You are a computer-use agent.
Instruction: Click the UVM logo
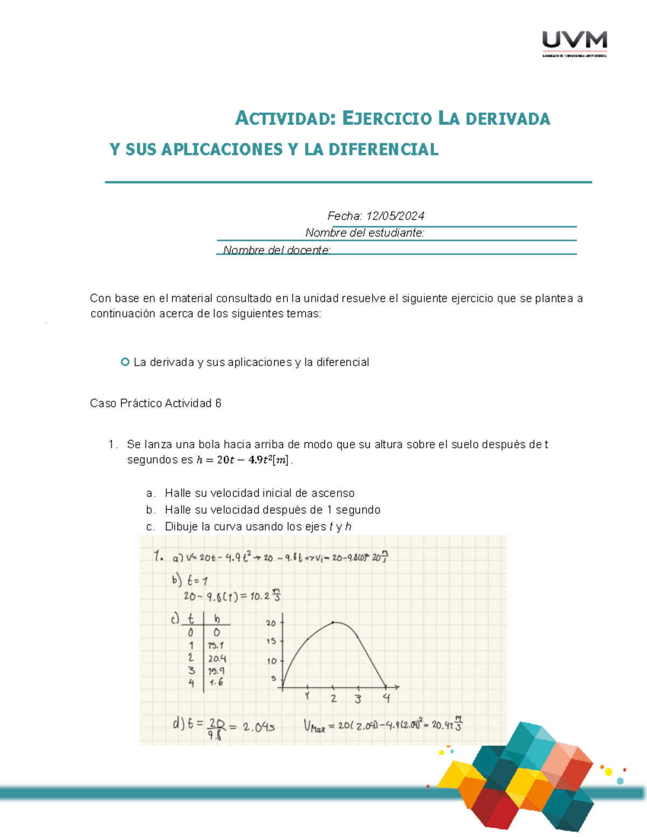coord(574,43)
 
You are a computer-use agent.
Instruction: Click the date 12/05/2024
coord(395,216)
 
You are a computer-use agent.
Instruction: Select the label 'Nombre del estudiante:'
coord(364,233)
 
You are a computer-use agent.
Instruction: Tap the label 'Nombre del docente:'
coord(277,250)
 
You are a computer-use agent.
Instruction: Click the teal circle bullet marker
coord(125,362)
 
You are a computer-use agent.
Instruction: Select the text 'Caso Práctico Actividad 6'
coord(155,403)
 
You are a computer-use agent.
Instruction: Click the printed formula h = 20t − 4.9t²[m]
coord(243,460)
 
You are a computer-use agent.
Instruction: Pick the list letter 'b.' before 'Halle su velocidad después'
coord(150,510)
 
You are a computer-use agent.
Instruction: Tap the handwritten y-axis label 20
coord(271,623)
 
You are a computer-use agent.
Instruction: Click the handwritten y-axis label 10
coord(272,661)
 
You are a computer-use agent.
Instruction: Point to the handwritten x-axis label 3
coord(358,699)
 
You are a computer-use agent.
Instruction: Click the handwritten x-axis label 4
coord(386,698)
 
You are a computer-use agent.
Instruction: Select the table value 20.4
coord(217,659)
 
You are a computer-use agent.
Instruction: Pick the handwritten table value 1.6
coord(216,682)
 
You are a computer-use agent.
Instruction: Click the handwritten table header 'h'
coord(217,619)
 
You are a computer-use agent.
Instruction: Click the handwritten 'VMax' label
coord(314,727)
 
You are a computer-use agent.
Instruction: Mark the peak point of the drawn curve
coord(333,622)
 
